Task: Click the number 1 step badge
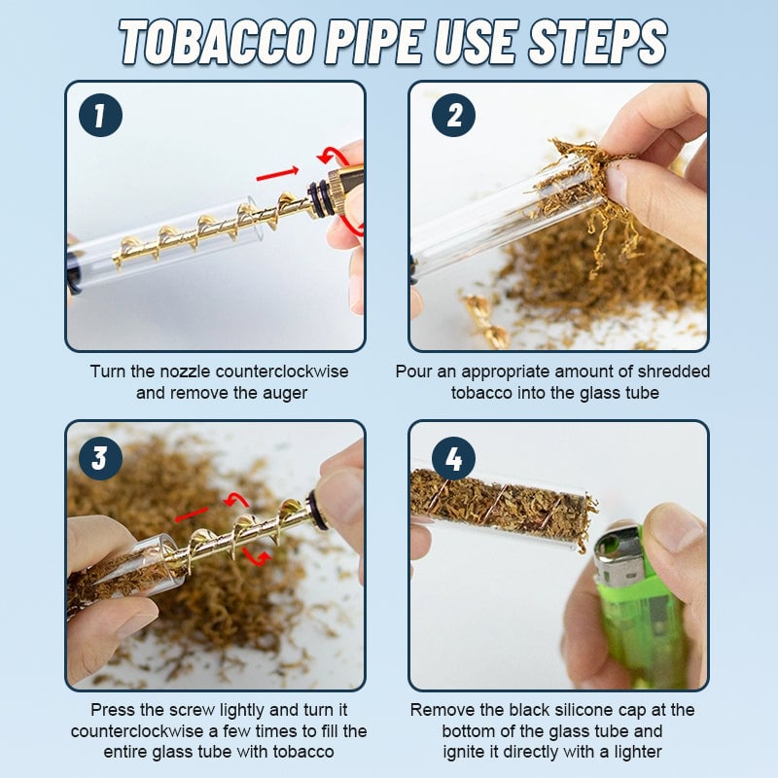click(100, 115)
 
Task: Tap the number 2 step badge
click(453, 115)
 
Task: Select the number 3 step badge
click(100, 458)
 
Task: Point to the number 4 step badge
click(453, 458)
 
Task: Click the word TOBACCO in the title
click(217, 43)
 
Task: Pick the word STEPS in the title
click(597, 43)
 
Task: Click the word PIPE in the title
click(375, 43)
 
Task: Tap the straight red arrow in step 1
click(277, 174)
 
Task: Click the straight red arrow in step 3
click(192, 514)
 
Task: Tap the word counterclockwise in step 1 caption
click(282, 371)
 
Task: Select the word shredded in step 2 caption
click(673, 371)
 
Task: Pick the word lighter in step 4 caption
click(638, 752)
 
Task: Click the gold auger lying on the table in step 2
click(484, 321)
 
